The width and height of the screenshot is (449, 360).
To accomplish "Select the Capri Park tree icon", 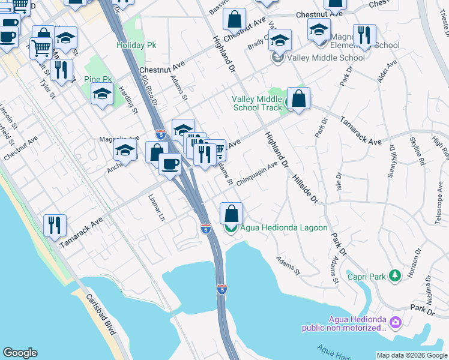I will click(x=395, y=275).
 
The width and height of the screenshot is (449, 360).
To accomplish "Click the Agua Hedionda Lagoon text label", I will click(x=284, y=228).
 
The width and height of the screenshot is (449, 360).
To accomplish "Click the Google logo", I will click(x=20, y=353).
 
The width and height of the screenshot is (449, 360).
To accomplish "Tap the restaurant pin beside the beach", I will click(x=55, y=226).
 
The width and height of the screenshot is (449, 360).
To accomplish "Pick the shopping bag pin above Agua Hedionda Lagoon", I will click(x=231, y=213).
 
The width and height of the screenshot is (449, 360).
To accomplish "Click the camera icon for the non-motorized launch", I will click(x=395, y=323).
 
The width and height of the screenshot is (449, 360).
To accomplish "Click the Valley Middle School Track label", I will click(x=257, y=103).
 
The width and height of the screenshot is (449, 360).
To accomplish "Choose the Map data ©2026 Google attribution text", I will click(x=412, y=355).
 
